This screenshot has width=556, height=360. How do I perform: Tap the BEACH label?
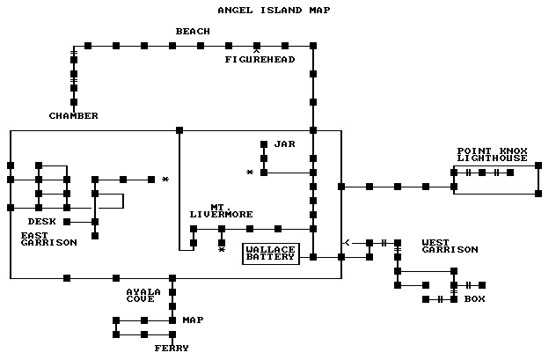[x=193, y=32]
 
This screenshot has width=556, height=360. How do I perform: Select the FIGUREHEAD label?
[x=260, y=60]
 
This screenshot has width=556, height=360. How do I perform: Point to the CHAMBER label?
[x=74, y=116]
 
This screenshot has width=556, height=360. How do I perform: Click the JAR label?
[x=284, y=143]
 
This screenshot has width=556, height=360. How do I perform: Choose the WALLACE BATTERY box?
[x=271, y=254]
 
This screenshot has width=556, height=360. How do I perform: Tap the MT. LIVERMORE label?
[x=221, y=210]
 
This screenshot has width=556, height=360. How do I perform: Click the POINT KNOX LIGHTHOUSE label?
[x=493, y=154]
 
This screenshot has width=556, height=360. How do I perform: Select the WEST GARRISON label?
[x=450, y=246]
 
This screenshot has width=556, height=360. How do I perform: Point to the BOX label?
[x=475, y=299]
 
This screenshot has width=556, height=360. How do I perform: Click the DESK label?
[x=42, y=221]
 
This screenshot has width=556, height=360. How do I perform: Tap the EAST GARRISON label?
[x=48, y=239]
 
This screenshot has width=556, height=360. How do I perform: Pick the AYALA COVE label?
[x=143, y=295]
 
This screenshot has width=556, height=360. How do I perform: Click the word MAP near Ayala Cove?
[x=193, y=320]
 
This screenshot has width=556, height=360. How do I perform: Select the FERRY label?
[x=172, y=349]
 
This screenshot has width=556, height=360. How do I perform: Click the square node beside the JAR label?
[x=263, y=144]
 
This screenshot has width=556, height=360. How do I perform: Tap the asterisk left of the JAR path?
[x=250, y=173]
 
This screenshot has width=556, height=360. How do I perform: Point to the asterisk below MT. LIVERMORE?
[x=222, y=251]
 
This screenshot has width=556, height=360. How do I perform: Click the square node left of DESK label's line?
[x=66, y=222]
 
